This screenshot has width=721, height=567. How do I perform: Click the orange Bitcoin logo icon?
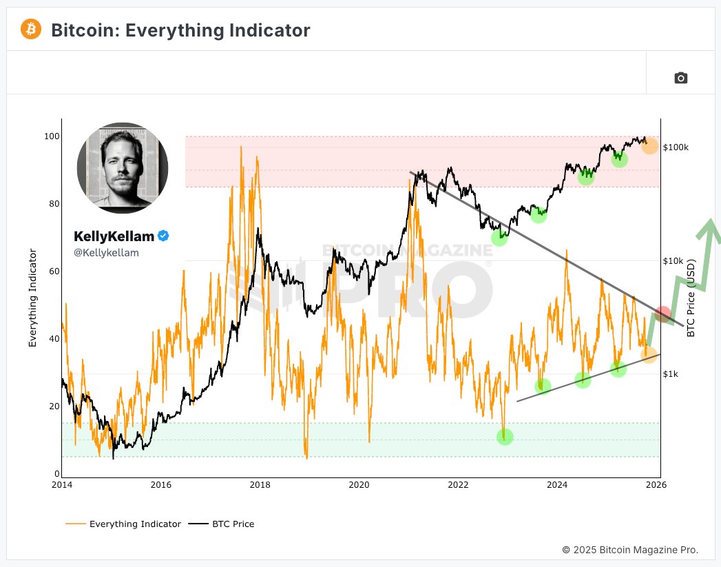(x=31, y=30)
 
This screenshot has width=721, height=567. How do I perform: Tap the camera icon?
(x=680, y=78)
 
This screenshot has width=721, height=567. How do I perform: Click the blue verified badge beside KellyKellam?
(x=163, y=236)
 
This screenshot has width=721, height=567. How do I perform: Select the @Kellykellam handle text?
(x=106, y=253)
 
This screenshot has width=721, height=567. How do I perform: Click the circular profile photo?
(x=123, y=165)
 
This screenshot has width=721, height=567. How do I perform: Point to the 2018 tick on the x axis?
(x=260, y=484)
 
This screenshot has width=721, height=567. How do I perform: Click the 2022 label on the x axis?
(x=458, y=484)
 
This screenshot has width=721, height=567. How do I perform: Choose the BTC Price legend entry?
(x=231, y=524)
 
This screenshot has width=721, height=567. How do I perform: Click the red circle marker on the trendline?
(x=662, y=315)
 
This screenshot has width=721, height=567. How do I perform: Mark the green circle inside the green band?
(x=505, y=437)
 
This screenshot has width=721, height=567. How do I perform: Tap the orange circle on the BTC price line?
(x=649, y=146)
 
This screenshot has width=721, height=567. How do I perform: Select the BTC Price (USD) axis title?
(x=691, y=298)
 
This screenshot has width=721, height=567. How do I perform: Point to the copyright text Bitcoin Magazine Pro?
(x=630, y=550)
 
